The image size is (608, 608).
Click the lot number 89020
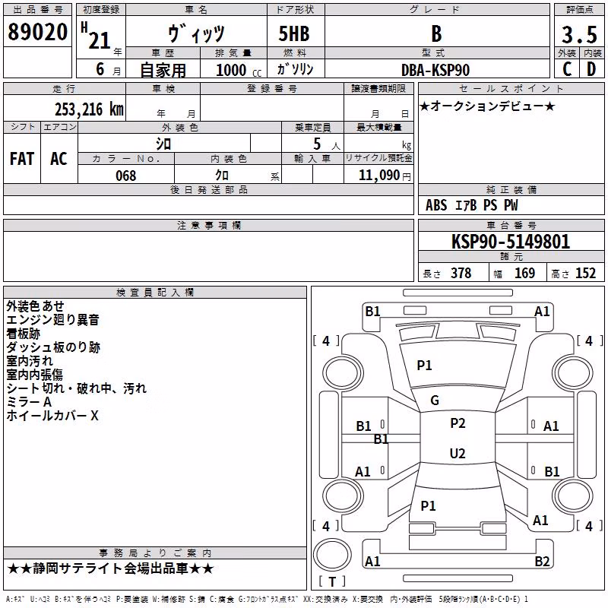(x=37, y=32)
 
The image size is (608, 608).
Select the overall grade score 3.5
(x=579, y=34)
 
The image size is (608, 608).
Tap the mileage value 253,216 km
(x=89, y=109)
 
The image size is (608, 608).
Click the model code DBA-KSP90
(x=435, y=70)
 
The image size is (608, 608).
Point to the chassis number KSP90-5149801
(x=511, y=242)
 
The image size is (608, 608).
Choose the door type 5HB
(x=294, y=33)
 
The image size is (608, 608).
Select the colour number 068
(x=125, y=176)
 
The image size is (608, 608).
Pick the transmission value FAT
(x=22, y=159)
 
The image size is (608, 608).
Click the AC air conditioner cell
(x=59, y=159)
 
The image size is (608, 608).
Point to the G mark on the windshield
(x=435, y=401)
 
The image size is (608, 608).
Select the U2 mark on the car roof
(x=458, y=453)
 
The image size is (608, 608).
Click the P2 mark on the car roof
(x=458, y=423)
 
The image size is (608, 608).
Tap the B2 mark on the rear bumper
(x=542, y=561)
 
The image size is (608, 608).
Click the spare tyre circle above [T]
(x=332, y=554)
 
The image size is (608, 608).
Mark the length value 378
(x=461, y=274)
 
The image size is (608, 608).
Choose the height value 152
(x=585, y=274)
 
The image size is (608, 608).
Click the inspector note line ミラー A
(x=29, y=402)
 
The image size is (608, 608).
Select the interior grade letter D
(x=591, y=69)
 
